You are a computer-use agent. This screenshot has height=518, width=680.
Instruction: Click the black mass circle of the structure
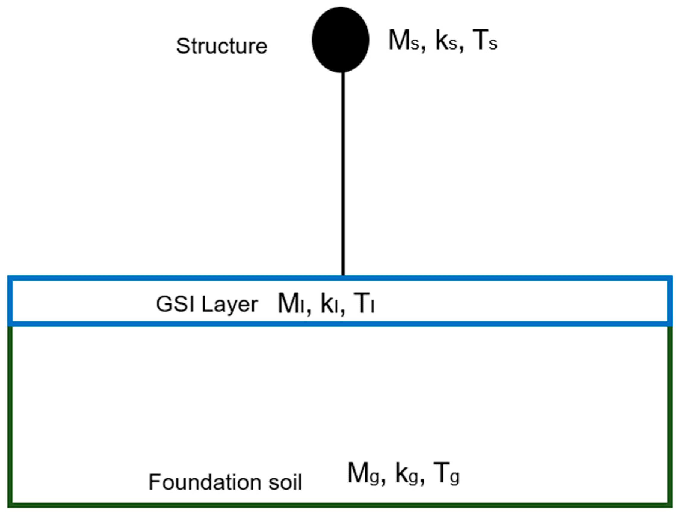tap(341, 40)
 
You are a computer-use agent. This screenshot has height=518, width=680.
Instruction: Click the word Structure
tap(222, 46)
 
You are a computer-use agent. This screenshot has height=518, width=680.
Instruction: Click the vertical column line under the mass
tap(343, 173)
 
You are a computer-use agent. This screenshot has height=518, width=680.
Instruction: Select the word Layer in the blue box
tap(230, 305)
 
